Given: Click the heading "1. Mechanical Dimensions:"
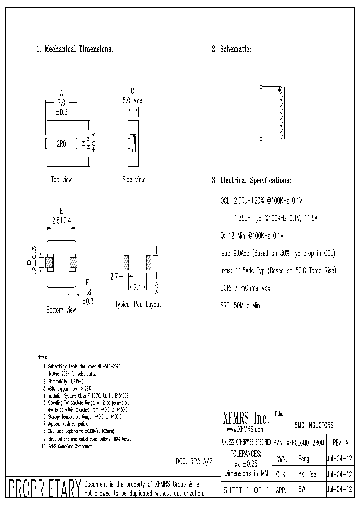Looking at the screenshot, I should point(75,49).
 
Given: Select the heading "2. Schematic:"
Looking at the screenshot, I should point(231,49).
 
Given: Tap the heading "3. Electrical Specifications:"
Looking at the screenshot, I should point(251,181).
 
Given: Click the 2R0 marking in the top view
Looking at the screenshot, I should point(61,144).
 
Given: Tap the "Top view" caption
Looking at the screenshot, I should point(61,180).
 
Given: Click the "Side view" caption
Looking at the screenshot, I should point(134,180).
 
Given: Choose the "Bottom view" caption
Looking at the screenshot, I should point(61,310).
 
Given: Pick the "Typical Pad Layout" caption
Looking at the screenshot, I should point(138,304).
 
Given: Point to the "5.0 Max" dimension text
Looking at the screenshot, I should point(132,100).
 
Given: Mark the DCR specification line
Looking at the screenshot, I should point(245,288).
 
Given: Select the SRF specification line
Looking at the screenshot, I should point(240,305).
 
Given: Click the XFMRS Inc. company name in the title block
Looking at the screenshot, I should point(245,418).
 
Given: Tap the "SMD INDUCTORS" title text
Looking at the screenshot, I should point(314,425).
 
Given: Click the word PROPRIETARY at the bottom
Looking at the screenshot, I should point(45,488).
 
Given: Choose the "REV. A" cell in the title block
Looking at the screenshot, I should point(339,443).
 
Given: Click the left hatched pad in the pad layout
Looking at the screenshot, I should point(126,262).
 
